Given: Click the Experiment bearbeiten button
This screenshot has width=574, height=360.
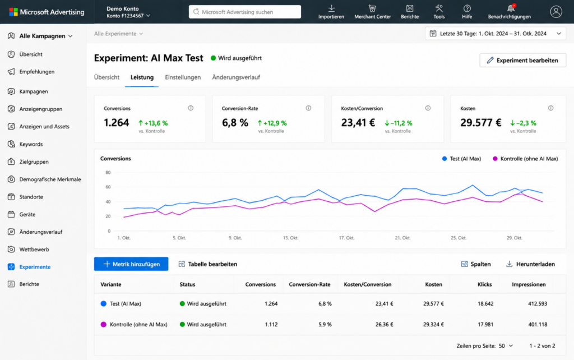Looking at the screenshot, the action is [x=523, y=61].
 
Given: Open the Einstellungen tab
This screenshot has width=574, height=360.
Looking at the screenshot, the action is [x=183, y=77].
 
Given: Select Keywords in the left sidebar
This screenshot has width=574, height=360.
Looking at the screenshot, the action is [x=31, y=144].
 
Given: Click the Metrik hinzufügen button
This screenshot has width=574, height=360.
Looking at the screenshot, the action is [x=131, y=264].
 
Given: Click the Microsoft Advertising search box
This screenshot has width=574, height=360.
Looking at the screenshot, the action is [x=245, y=12].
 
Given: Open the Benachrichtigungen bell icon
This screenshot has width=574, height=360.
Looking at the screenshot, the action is [x=511, y=8].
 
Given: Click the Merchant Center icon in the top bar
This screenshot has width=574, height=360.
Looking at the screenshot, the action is [x=372, y=8].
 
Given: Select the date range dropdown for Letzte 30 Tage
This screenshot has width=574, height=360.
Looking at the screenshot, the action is [x=496, y=34].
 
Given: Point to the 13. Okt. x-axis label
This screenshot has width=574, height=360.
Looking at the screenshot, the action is [x=291, y=238].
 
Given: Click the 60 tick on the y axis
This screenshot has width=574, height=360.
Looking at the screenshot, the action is [x=108, y=187].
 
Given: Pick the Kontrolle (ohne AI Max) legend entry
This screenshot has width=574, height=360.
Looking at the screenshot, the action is [x=525, y=159].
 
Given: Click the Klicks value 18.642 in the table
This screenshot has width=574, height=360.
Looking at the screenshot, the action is [x=485, y=303].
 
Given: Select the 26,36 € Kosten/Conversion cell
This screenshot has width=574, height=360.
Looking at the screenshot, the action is [x=385, y=325].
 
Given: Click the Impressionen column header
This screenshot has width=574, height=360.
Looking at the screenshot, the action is [x=529, y=284].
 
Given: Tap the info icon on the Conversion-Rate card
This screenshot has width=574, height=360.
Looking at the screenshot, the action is [x=309, y=108].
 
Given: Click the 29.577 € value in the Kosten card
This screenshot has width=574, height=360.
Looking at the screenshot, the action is [x=480, y=122].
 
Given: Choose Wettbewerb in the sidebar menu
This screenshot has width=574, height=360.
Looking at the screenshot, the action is [x=34, y=250].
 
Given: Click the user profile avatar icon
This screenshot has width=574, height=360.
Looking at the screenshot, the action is [x=556, y=12].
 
